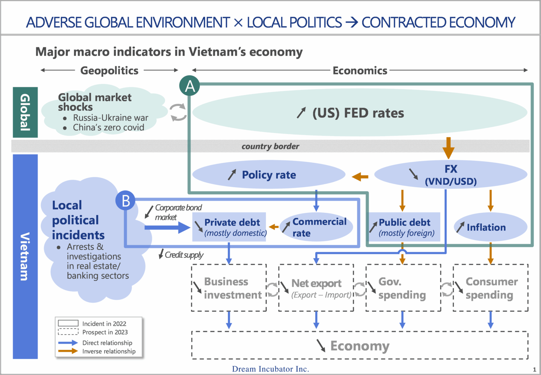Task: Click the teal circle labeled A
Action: pos(190,85)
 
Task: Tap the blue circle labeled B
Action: pos(125,200)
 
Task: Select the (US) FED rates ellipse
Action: pos(360,112)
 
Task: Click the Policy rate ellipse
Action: pos(269,174)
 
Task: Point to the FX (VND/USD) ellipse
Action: pos(451,174)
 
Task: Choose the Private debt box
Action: pos(229,227)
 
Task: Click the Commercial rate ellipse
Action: pos(316,227)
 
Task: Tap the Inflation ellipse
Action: pos(491,227)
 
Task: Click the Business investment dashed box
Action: pos(229,288)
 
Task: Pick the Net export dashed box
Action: pos(316,288)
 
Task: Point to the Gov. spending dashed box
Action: pos(403,288)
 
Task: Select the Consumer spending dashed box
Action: pos(491,288)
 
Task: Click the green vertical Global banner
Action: pos(25,112)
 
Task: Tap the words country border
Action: pos(270,146)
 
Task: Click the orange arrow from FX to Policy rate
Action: pos(360,177)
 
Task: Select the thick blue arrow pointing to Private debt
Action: pos(167,227)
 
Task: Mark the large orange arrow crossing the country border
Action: pos(449,148)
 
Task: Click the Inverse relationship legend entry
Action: pos(97,351)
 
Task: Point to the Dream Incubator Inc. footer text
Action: pos(270,369)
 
